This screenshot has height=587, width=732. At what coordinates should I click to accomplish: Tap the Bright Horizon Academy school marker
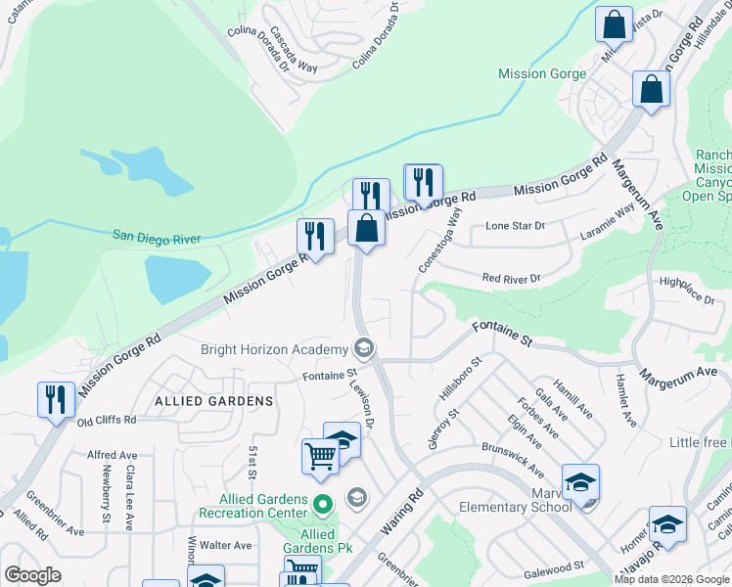364,348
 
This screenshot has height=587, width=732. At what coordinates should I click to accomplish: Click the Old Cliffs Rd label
106,420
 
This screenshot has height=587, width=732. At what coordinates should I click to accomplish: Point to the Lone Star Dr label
515,226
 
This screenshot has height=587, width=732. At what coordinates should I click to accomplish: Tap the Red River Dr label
511,279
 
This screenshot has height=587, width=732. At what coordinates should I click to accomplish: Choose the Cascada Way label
294,51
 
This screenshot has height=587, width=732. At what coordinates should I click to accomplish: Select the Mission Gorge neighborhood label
542,73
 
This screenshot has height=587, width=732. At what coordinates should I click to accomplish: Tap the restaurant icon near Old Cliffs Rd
56,399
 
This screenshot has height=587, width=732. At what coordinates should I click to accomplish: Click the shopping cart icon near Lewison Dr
320,457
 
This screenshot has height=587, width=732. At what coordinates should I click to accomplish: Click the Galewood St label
553,564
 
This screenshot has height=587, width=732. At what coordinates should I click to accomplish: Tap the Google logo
32,575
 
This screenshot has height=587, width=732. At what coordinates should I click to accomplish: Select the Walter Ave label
226,545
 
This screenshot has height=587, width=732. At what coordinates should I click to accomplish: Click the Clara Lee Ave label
129,497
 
